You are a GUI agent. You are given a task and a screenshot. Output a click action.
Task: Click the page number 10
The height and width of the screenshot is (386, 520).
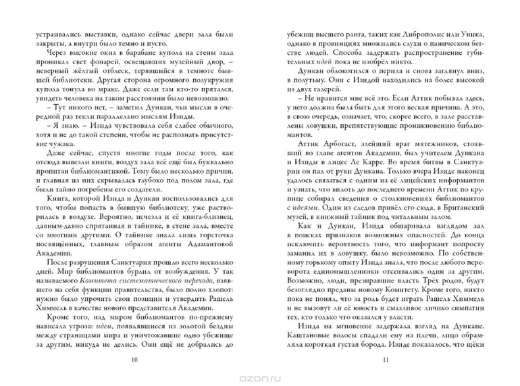(x=134, y=359)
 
